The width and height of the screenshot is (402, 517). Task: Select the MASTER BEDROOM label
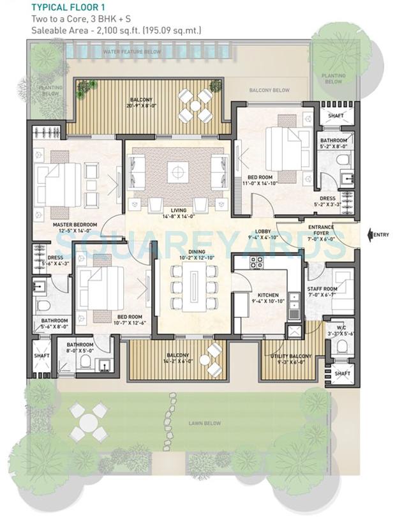click(x=75, y=225)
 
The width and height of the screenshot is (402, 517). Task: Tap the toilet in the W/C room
click(x=342, y=347)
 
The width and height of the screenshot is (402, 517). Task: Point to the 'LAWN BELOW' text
click(x=205, y=423)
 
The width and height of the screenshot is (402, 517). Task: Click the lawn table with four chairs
click(x=84, y=422)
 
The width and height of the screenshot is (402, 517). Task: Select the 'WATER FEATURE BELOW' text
click(x=132, y=51)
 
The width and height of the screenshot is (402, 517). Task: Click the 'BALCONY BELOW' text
click(x=269, y=91)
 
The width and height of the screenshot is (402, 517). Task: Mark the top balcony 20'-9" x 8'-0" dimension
click(x=141, y=105)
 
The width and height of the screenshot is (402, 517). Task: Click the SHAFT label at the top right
click(x=335, y=116)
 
